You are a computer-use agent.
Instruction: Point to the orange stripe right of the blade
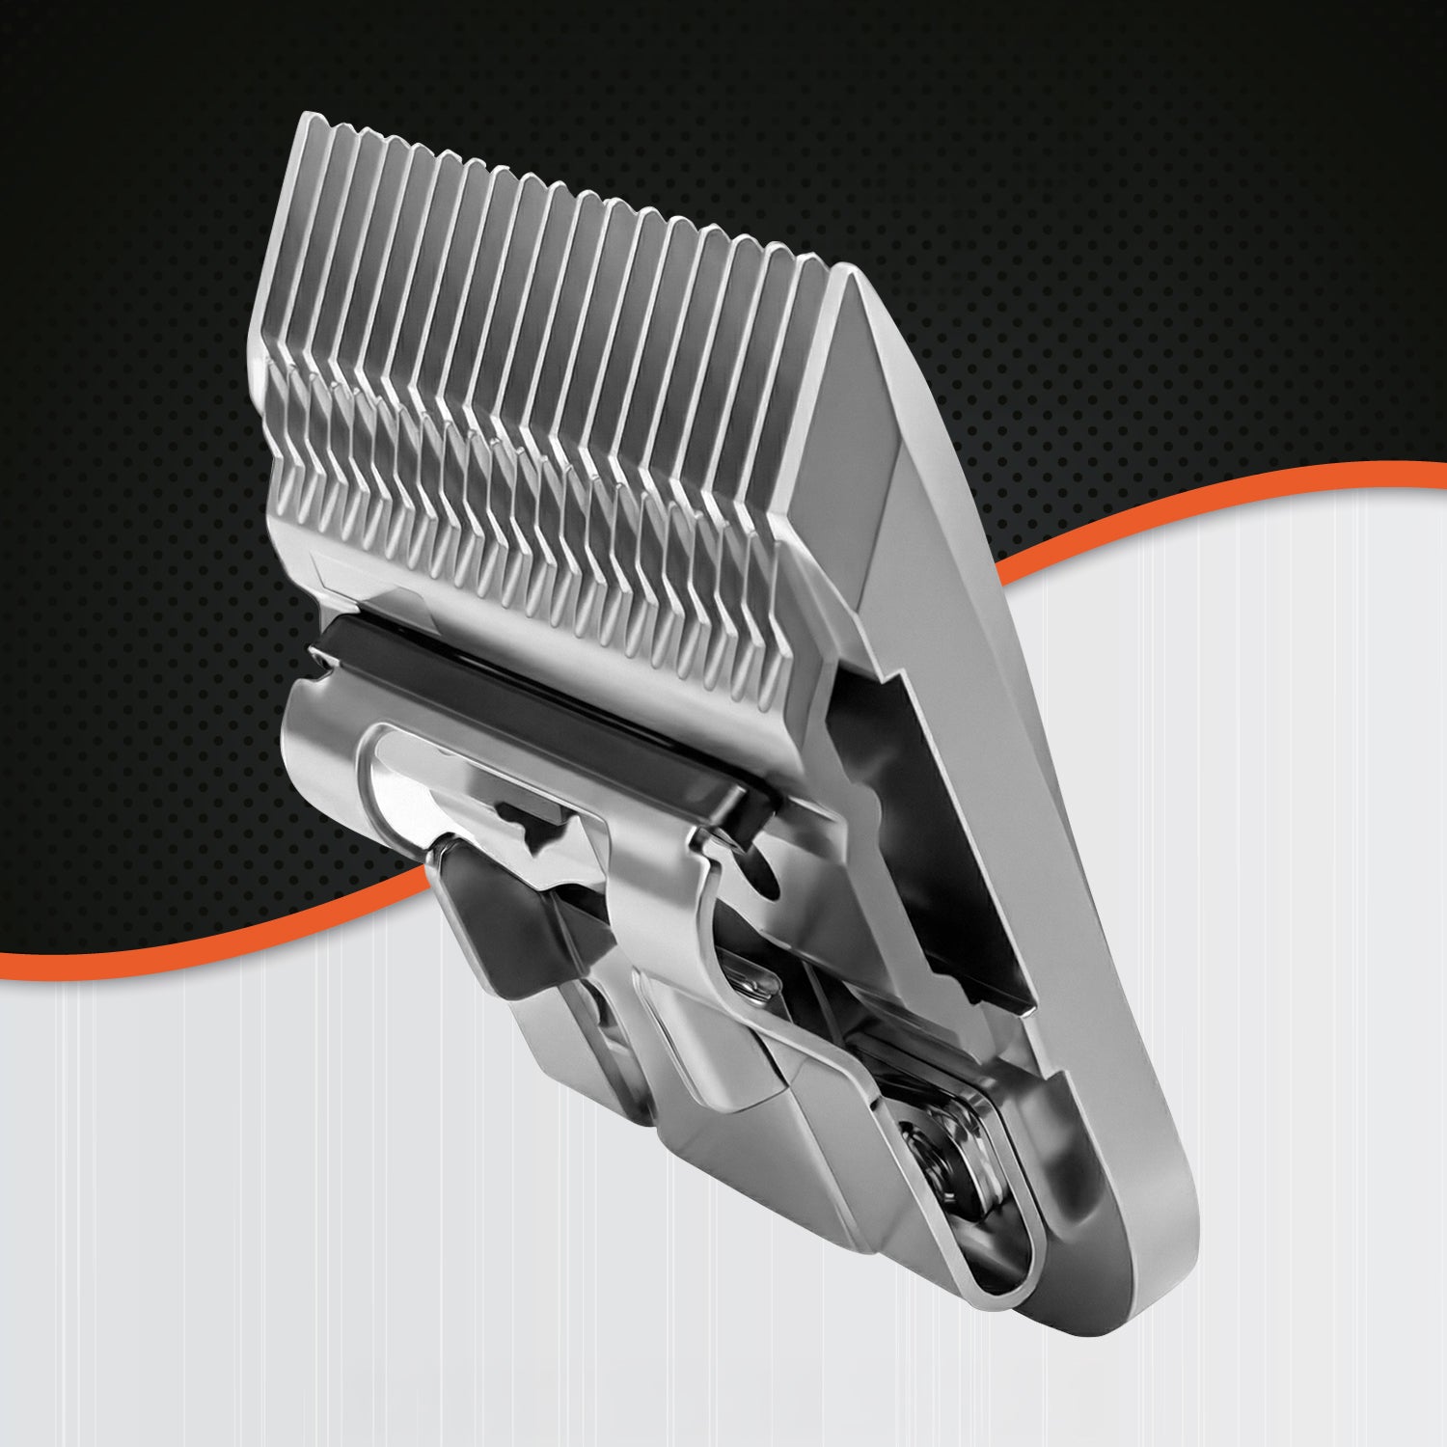(1206, 492)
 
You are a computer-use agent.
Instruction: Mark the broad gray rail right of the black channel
(1013, 772)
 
